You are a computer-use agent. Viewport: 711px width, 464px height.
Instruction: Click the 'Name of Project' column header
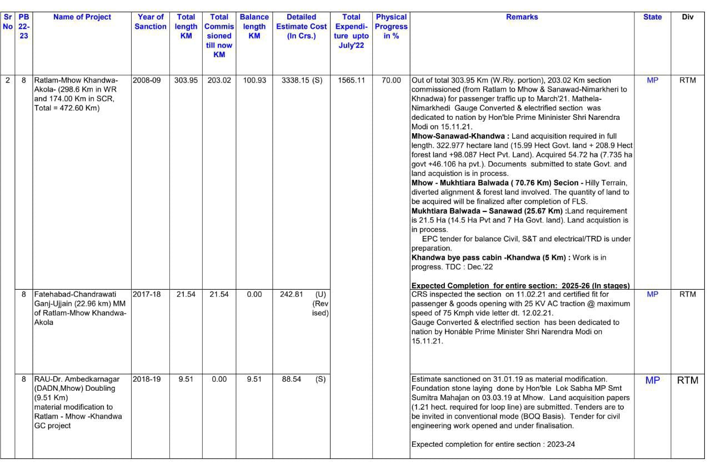click(x=82, y=17)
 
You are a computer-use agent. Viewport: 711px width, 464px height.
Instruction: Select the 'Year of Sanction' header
click(x=151, y=22)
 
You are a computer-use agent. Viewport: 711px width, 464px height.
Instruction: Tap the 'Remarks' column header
click(x=522, y=17)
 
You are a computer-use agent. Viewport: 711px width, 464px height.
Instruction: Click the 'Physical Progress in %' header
click(x=391, y=27)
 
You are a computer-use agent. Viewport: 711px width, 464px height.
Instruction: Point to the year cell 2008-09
click(x=147, y=80)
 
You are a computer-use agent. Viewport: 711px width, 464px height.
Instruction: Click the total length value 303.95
click(x=186, y=80)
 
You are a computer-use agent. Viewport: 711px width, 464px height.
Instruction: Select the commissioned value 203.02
click(x=219, y=80)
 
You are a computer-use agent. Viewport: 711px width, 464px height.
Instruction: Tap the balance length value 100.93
click(x=254, y=80)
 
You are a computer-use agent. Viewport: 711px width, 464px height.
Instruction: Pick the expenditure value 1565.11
click(x=351, y=80)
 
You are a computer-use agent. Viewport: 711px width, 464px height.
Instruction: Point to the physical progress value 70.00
click(x=391, y=80)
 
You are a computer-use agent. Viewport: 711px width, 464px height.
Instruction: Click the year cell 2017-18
click(x=147, y=294)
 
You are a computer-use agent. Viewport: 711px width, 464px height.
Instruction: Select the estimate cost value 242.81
click(x=291, y=294)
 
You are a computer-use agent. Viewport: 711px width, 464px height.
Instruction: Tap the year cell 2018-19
click(x=147, y=380)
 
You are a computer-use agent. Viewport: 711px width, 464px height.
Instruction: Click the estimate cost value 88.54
click(x=291, y=380)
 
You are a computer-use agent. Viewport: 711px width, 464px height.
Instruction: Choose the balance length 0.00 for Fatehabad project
click(x=254, y=294)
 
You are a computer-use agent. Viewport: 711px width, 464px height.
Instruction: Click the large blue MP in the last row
click(x=653, y=381)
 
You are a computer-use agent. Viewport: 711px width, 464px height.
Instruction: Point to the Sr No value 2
click(x=7, y=80)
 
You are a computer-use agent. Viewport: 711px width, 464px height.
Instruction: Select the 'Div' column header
click(x=688, y=17)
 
